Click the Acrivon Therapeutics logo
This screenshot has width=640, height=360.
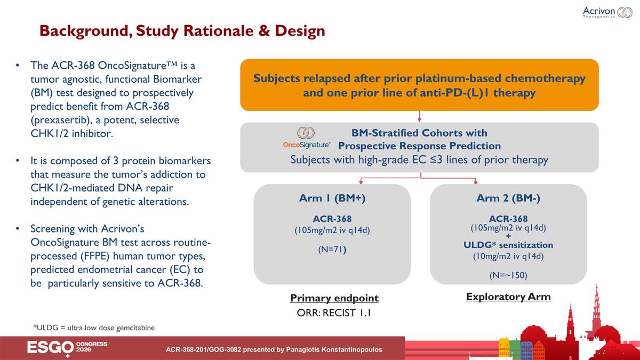(607, 12)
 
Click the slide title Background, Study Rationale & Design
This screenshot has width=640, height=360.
(182, 31)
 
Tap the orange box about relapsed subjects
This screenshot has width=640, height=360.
(419, 85)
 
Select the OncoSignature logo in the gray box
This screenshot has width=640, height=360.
(306, 137)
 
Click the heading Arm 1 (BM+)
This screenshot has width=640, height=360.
(332, 198)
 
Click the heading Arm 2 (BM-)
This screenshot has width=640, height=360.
(508, 198)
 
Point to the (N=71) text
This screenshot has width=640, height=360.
(332, 249)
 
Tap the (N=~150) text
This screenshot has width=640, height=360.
(508, 275)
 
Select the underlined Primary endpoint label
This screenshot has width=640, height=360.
(334, 298)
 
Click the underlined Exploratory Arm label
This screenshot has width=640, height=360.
(508, 297)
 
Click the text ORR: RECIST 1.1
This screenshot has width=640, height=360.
(334, 313)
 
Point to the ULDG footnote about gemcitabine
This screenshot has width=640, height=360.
(94, 327)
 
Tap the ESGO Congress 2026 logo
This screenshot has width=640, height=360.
(67, 348)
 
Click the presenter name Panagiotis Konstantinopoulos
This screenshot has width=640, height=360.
(324, 350)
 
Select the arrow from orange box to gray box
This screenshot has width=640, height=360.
(420, 116)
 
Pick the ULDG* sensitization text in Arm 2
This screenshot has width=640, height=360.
(508, 245)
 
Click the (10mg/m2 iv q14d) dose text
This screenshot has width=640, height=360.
(508, 256)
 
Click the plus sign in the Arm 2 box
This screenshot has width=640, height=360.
(508, 236)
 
